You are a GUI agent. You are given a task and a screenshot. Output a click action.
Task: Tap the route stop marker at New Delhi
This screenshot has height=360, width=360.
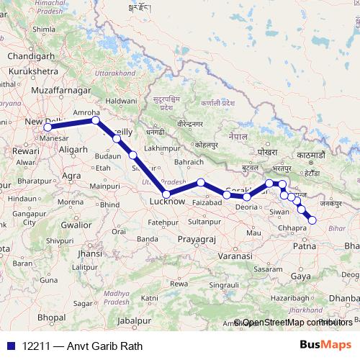(x=48, y=127)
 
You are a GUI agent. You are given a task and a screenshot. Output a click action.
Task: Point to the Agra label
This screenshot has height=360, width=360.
(x=72, y=175)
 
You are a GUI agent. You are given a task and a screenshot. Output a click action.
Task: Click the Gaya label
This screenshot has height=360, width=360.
(x=301, y=276)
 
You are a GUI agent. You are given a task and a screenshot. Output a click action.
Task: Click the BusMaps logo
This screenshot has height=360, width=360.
(x=326, y=346)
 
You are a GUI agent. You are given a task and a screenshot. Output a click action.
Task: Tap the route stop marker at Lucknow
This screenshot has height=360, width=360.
(x=167, y=194)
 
